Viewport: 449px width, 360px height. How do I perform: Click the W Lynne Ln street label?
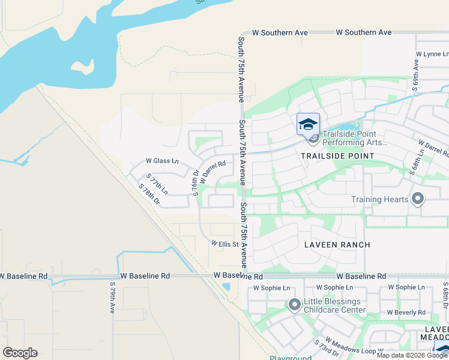tap(432, 53)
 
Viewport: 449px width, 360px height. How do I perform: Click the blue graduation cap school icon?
tap(308, 124)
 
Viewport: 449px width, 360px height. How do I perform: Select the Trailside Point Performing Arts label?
tap(355, 138)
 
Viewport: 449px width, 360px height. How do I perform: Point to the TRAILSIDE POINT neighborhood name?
tap(337, 156)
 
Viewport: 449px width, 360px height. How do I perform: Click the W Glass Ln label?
tap(162, 161)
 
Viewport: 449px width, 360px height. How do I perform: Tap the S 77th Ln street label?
tap(157, 184)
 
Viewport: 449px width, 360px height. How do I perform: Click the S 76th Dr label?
tap(195, 180)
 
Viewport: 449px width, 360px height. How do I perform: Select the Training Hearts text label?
tap(379, 199)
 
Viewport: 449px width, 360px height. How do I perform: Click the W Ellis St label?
tap(224, 244)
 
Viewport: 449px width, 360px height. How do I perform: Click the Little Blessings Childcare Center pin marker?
tap(294, 305)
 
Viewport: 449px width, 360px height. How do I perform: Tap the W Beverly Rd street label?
tap(406, 313)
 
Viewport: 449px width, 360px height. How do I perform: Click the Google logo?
tap(20, 353)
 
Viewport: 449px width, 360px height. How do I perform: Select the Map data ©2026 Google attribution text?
tap(412, 355)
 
